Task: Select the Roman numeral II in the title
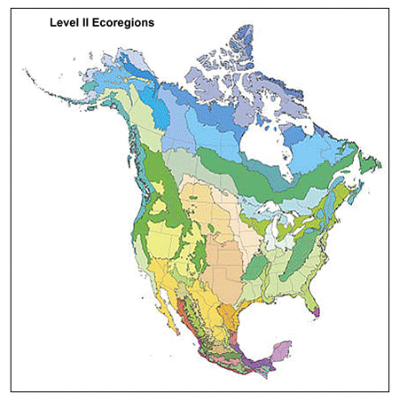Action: [x=88, y=22]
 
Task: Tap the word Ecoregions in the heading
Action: [x=124, y=22]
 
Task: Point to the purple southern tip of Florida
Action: [x=317, y=311]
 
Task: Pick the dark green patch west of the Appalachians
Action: [x=256, y=265]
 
